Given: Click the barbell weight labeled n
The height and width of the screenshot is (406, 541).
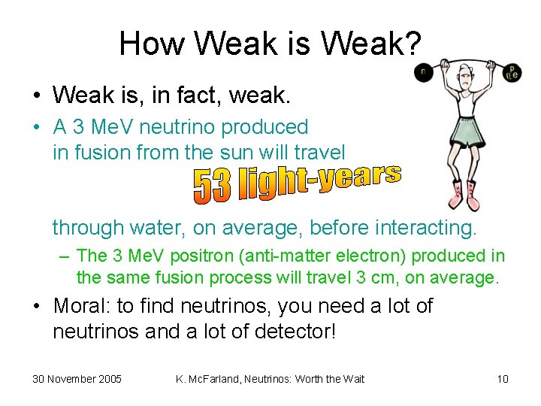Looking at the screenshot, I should pos(424,73).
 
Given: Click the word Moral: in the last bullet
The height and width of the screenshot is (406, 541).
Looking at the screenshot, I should pos(87,307).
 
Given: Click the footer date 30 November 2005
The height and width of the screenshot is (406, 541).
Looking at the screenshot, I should pos(77,379).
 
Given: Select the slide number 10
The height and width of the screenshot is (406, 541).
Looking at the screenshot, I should pos(503,379).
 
